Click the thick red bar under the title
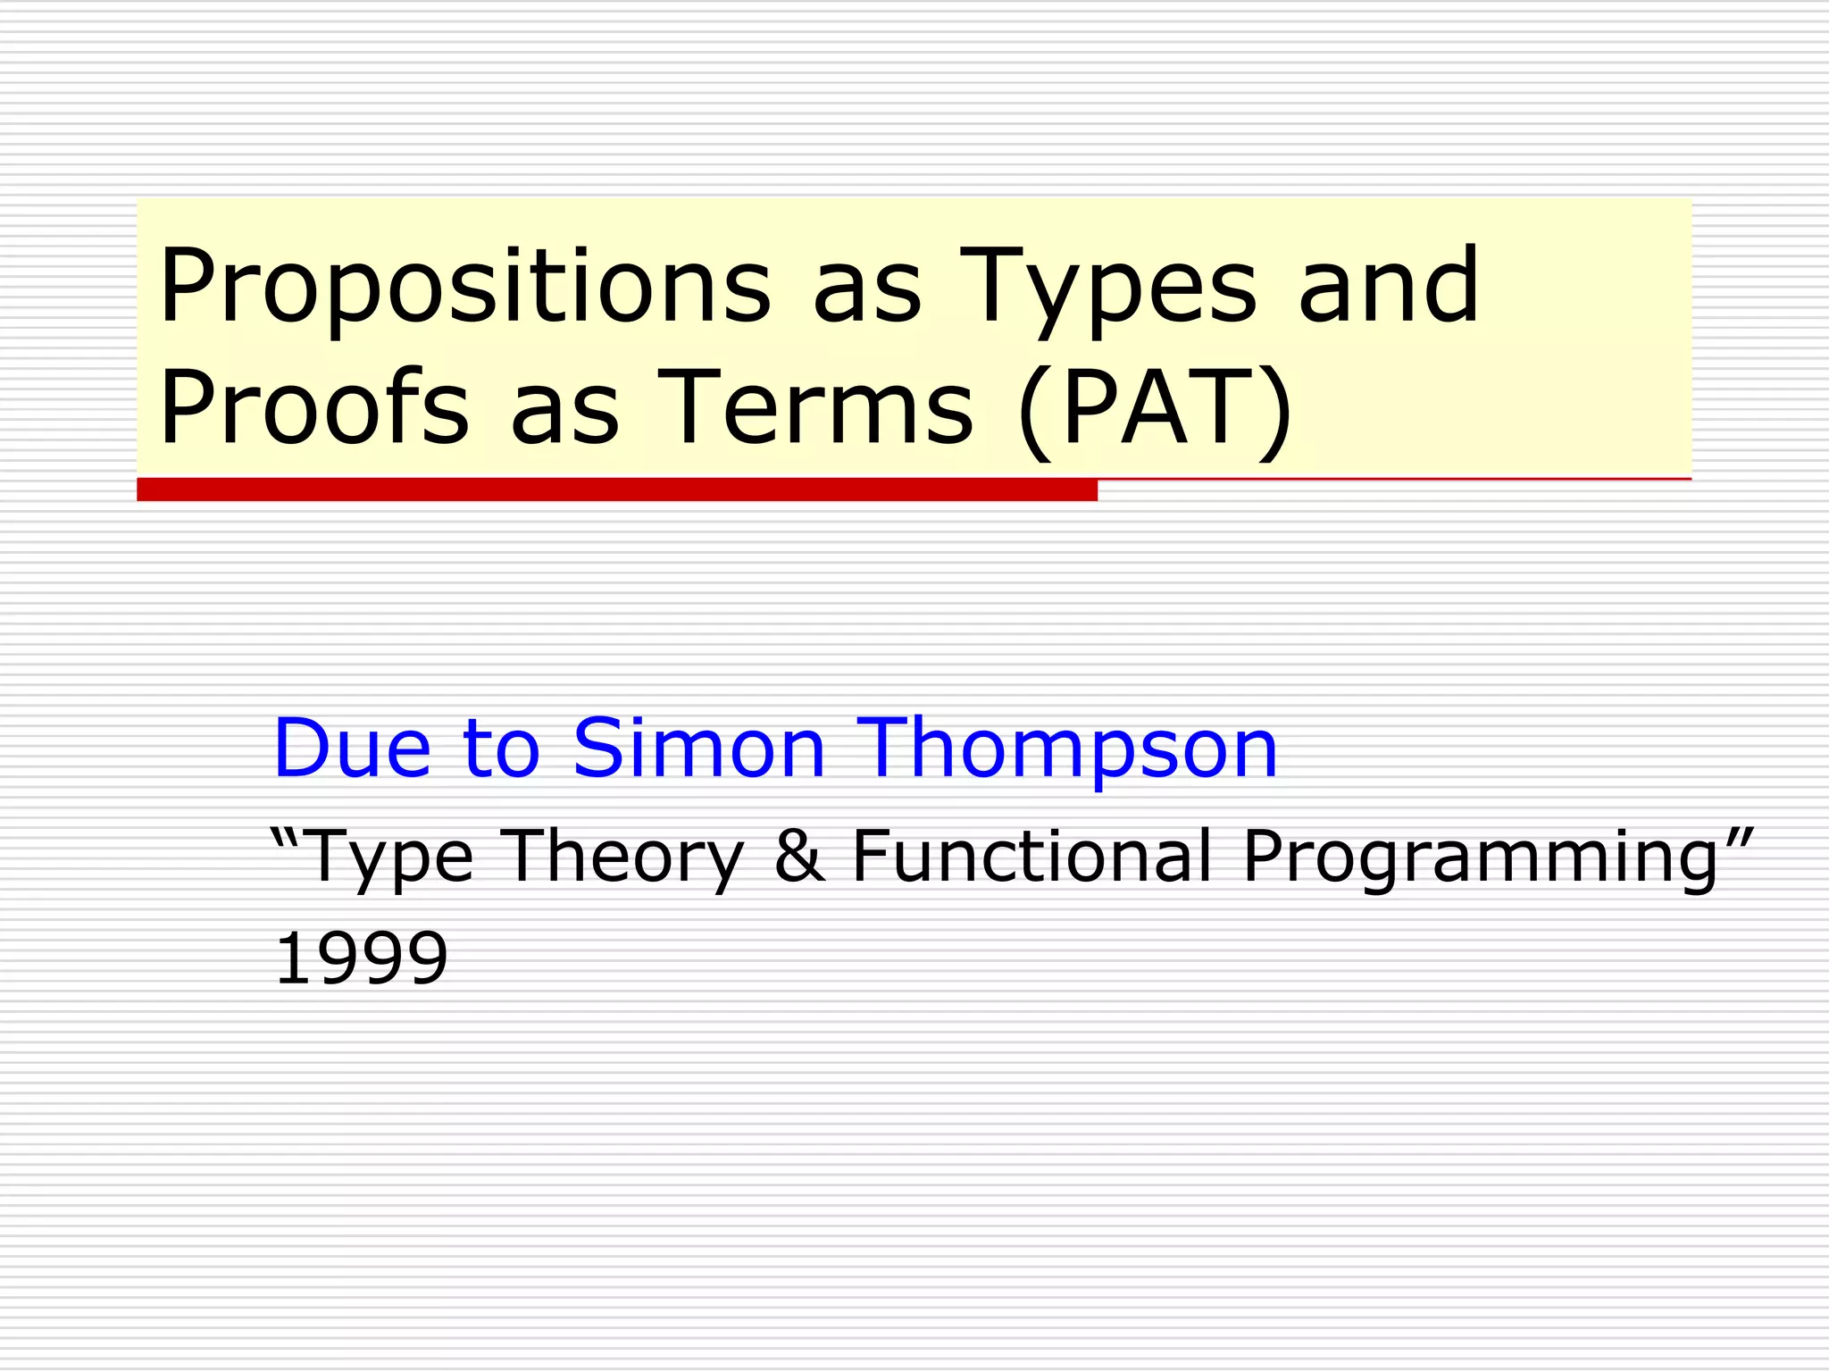616,489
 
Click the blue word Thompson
1067,749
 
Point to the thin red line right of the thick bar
1393,480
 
